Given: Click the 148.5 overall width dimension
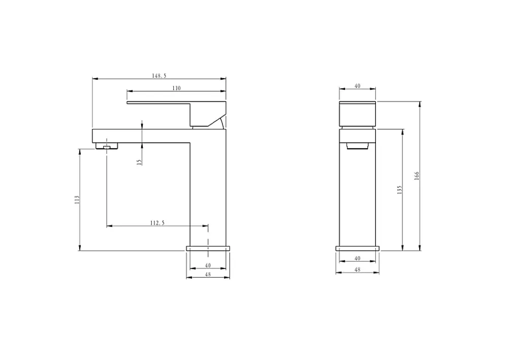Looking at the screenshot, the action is coord(159,76).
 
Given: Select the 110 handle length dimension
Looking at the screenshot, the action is coord(176,88).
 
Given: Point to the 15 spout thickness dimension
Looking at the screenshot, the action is coord(139,162).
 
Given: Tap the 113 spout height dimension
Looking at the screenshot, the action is coord(77,199).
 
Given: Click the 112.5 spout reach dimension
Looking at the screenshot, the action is coord(157,223).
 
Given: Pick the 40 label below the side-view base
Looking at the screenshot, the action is coord(208,265).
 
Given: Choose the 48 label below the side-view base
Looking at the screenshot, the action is coord(208,274).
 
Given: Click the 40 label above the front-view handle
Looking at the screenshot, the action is coord(357,86).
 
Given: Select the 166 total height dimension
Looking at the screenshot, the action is coord(417,176).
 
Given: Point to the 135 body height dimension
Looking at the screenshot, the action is coord(399,190).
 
